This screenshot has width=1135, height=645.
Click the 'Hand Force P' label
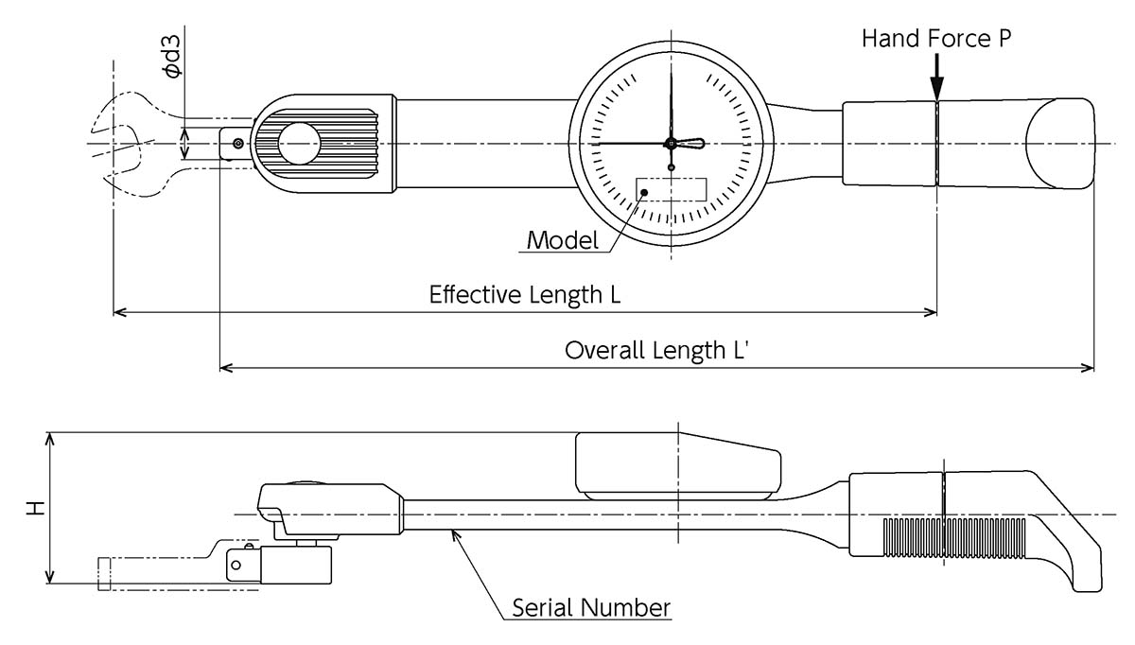936,39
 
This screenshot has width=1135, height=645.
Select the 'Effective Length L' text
525,295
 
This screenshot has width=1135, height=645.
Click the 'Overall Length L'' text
656,350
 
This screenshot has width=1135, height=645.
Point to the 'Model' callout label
563,240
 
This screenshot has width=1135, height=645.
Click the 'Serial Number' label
591,607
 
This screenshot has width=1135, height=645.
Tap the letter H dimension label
36,508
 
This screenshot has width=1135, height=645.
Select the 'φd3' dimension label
172,56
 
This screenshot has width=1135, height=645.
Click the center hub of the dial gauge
671,144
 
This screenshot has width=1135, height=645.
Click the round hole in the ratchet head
299,144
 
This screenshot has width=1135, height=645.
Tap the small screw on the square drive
238,145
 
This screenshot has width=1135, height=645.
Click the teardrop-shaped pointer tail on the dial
691,144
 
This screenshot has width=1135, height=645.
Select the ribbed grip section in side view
954,538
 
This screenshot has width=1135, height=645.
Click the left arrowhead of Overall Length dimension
226,368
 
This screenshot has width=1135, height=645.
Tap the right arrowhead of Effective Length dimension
931,312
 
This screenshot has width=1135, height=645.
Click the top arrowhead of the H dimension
49,440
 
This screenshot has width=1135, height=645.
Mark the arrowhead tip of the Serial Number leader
452,530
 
